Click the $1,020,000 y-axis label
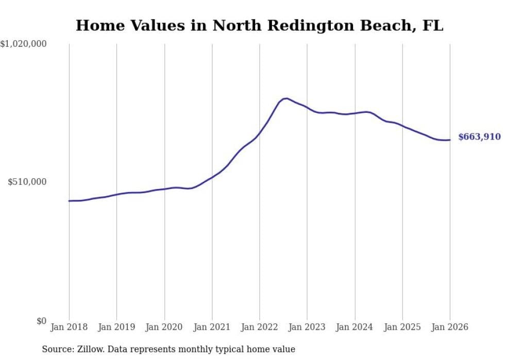click(x=23, y=45)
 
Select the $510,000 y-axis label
click(x=27, y=182)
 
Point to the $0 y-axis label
click(x=41, y=321)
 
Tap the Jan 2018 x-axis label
click(x=69, y=327)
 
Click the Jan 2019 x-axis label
click(x=116, y=327)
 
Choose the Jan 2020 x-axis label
click(x=164, y=327)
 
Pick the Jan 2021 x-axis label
click(x=212, y=327)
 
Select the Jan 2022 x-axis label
click(x=260, y=327)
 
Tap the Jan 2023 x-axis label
click(x=307, y=327)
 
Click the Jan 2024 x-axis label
click(x=355, y=327)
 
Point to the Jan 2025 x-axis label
click(x=402, y=327)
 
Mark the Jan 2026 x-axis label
click(x=450, y=327)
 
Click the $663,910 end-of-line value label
click(x=479, y=137)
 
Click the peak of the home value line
click(x=286, y=98)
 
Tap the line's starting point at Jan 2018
click(x=69, y=201)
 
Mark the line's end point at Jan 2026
click(x=450, y=140)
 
